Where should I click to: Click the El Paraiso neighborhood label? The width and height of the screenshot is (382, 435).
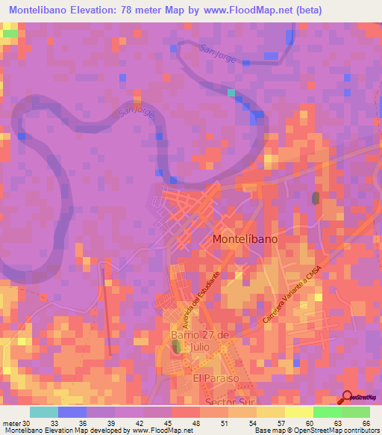point(214,379)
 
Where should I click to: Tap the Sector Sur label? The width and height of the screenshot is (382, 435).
point(226,402)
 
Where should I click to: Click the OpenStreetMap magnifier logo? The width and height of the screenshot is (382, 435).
point(348,398)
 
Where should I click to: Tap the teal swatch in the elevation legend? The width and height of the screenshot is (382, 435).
point(43,413)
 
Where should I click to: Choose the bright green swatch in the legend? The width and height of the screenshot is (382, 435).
point(327,413)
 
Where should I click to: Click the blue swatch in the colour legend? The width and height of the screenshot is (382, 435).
point(72,413)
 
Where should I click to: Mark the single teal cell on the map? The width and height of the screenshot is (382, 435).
point(231,93)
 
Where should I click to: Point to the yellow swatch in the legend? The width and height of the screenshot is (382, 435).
point(298,413)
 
